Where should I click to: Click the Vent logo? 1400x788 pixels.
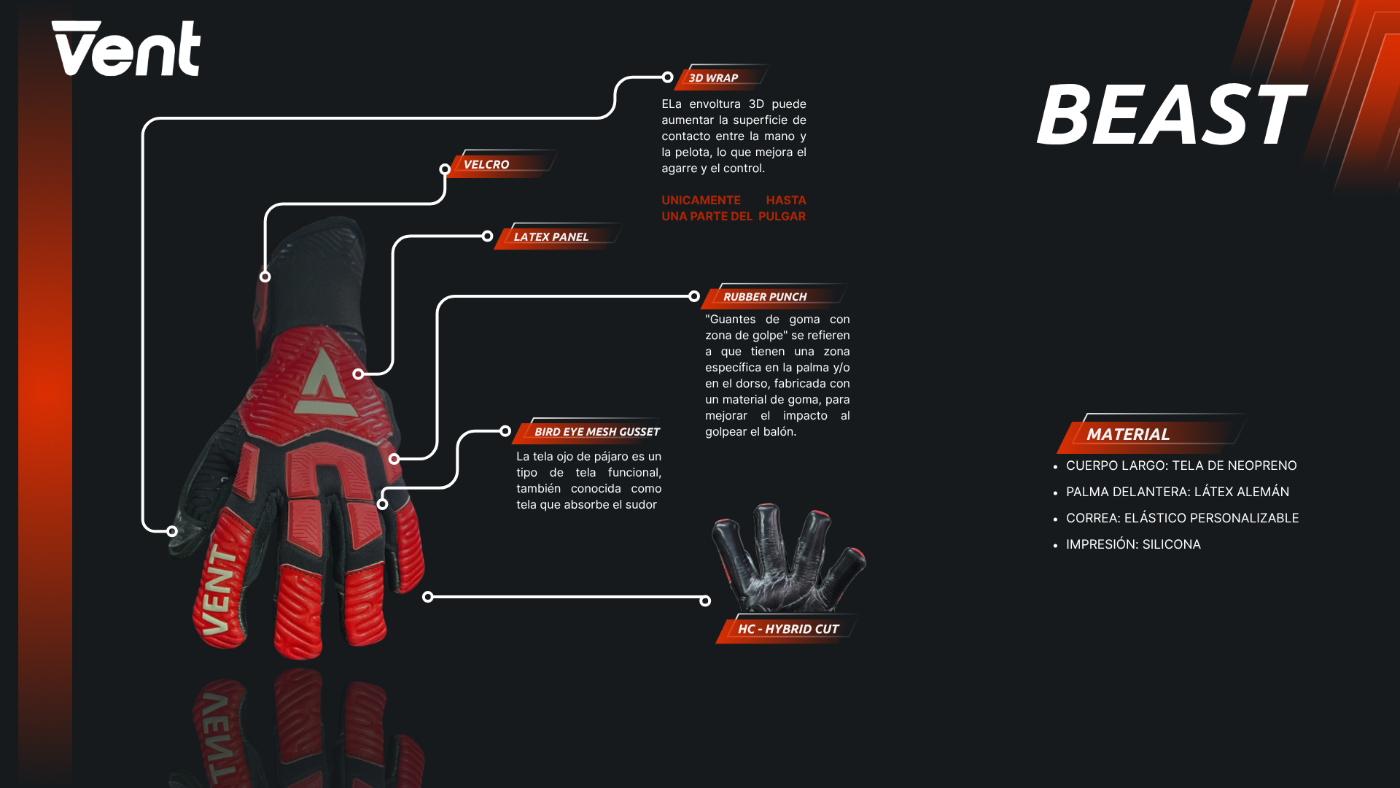125,48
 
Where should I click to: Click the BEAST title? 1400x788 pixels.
1170,115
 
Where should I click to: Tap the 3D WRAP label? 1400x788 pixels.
713,78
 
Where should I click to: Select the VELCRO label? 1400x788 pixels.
486,165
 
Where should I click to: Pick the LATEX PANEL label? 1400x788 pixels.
551,237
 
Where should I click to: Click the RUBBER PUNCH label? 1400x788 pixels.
765,297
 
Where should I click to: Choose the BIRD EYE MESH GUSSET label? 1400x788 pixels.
596,432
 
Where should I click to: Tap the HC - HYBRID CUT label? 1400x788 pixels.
788,629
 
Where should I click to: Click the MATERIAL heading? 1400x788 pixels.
1128,435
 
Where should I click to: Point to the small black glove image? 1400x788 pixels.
787,558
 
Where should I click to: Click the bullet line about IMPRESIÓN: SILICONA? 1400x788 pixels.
1132,544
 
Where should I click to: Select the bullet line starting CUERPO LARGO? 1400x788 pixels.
1181,466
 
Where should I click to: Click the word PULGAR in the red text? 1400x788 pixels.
782,217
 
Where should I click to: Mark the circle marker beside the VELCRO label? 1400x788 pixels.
445,169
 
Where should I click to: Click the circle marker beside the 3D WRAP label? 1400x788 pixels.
667,77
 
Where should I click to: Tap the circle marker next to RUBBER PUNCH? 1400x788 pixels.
694,296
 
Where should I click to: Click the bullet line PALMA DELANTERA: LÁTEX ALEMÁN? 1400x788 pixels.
1177,492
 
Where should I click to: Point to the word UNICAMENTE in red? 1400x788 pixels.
701,201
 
